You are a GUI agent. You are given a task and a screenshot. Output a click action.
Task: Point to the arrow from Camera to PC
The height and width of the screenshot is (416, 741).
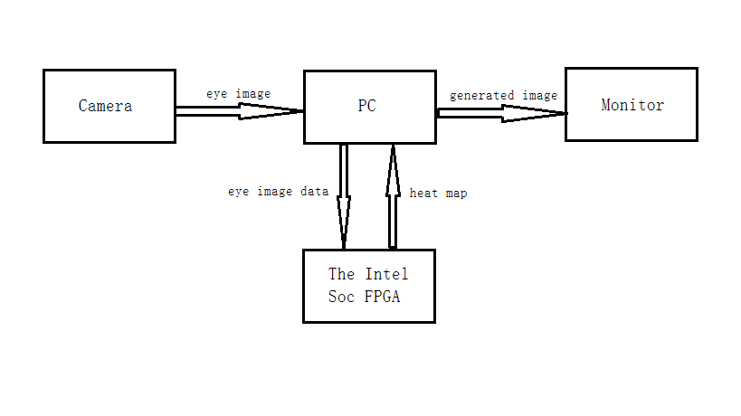coord(239,111)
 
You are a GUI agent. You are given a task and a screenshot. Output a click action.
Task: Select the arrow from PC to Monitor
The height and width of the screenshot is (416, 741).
coord(501,113)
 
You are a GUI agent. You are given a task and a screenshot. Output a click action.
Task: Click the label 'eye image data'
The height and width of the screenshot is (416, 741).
coord(278,192)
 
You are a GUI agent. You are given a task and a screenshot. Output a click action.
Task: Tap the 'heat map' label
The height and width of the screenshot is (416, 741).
coord(439,194)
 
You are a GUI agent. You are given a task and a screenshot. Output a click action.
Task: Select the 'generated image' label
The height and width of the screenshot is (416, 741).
coord(503,95)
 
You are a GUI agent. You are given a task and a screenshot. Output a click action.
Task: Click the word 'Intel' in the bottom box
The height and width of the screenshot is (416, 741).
coord(386,274)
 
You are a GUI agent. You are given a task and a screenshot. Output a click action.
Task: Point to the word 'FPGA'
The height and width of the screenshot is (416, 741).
coord(384,297)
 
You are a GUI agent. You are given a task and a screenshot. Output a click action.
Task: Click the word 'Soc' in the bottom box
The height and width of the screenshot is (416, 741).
coord(342,297)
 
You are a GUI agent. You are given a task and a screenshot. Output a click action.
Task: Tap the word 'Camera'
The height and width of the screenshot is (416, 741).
coord(105,106)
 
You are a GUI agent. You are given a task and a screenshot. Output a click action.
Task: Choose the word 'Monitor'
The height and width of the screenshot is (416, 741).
coord(632,105)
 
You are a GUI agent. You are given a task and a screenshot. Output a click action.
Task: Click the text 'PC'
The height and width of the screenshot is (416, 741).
coord(366,106)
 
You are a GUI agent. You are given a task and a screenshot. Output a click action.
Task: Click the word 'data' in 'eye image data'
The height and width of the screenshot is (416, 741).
coord(314,192)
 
